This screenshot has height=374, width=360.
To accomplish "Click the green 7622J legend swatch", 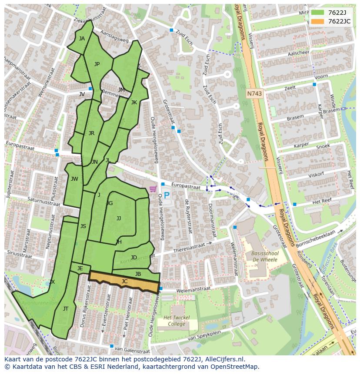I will (x=318, y=13).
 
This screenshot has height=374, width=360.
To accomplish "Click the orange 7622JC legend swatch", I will (x=318, y=21).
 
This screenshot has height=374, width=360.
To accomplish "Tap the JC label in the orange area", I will (x=124, y=281).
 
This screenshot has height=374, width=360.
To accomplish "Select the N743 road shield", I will (x=254, y=93).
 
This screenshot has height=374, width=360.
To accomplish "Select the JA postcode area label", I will (x=82, y=38).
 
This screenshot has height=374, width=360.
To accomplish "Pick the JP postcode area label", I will (x=97, y=64).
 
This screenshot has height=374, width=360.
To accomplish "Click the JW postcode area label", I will (x=74, y=179).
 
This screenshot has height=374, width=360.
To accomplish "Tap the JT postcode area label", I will (x=66, y=309).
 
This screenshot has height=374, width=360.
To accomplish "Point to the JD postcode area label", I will (x=134, y=258).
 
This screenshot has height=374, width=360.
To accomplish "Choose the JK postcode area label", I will (x=134, y=103).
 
